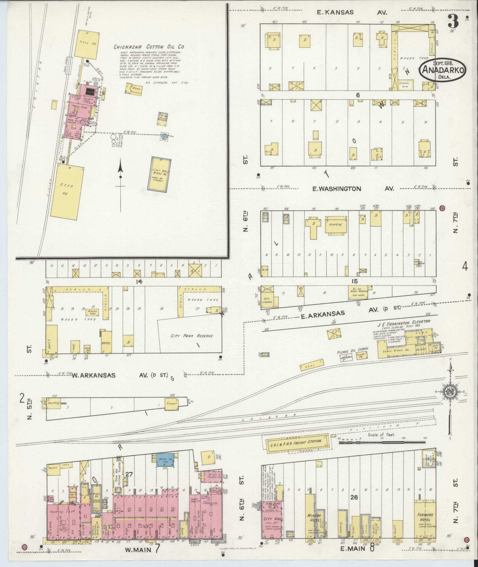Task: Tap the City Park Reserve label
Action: (x=191, y=336)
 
